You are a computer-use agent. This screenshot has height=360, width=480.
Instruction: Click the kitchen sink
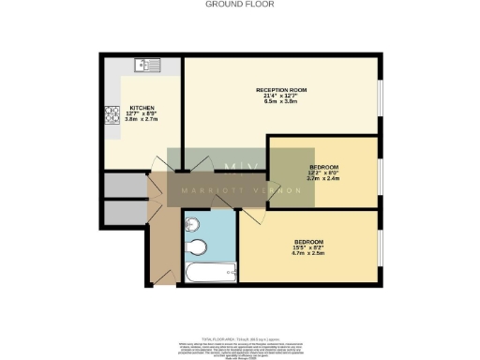point(147,66)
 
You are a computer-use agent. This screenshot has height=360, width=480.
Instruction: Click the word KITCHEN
point(142,108)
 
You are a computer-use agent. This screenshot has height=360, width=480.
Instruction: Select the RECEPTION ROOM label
point(281,90)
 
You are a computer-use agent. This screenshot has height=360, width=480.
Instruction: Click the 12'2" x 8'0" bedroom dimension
point(322,172)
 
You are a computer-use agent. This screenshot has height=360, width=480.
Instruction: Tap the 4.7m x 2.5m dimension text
point(309,253)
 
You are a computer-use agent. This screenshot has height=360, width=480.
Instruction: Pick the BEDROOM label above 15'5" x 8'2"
point(309,241)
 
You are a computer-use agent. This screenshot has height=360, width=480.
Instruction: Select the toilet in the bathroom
point(197,247)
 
